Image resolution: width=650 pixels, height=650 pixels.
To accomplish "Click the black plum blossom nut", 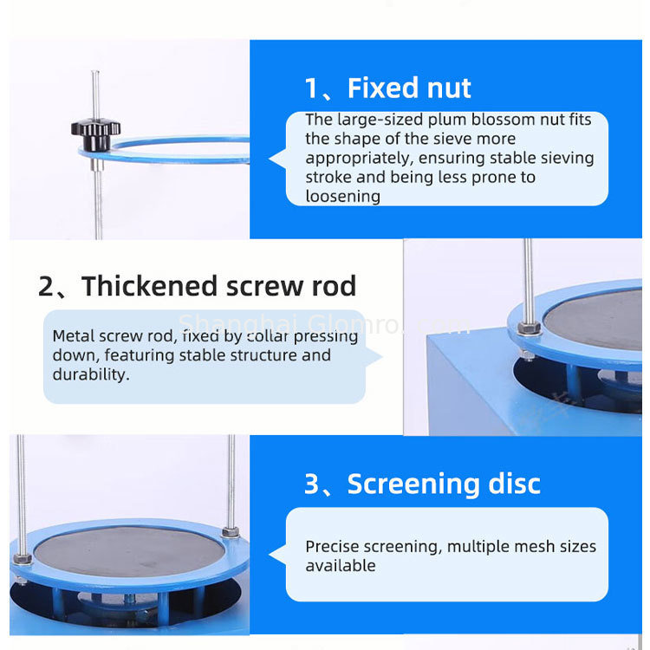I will [95, 133].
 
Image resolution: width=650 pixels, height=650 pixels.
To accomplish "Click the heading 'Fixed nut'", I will [409, 88].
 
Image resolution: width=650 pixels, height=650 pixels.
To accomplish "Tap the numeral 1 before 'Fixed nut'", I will [312, 88].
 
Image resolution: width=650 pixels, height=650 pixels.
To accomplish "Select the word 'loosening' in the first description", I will [342, 196].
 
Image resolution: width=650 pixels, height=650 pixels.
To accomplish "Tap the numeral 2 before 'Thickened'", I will [47, 287].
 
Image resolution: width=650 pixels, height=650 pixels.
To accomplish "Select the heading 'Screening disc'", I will [444, 484].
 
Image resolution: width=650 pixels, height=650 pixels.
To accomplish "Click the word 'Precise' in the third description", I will [332, 547].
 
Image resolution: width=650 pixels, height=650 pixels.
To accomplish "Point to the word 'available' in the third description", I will [340, 566].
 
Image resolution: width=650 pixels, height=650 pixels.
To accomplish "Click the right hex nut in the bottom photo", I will [231, 531].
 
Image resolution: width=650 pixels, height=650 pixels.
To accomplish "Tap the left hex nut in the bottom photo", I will [22, 558].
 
